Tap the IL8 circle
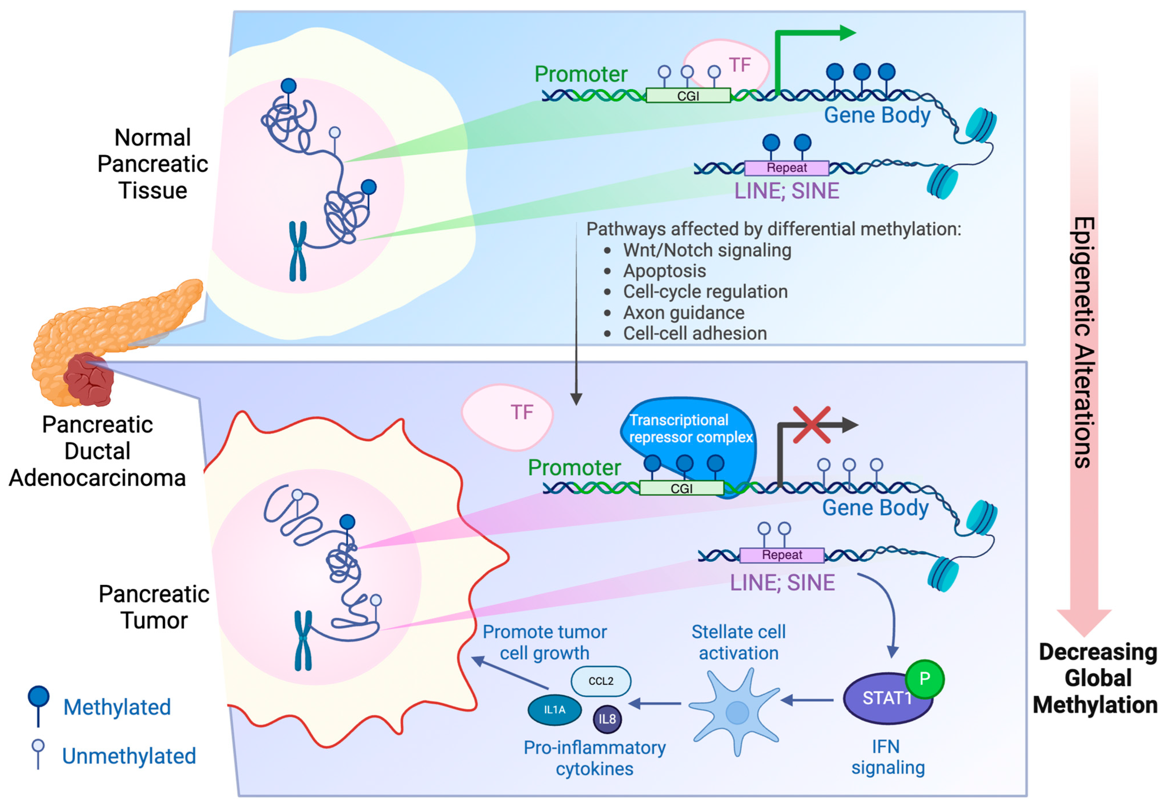pos(607,719)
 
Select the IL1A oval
pos(554,710)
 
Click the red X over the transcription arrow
pos(812,425)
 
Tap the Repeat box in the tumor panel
pos(781,555)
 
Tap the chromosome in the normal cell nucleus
pos(298,251)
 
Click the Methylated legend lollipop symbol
pos(38,705)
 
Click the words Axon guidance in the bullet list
pos(683,313)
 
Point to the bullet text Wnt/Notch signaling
pos(707,250)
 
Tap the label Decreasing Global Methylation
pos(1097,678)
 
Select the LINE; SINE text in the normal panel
pos(786,191)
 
